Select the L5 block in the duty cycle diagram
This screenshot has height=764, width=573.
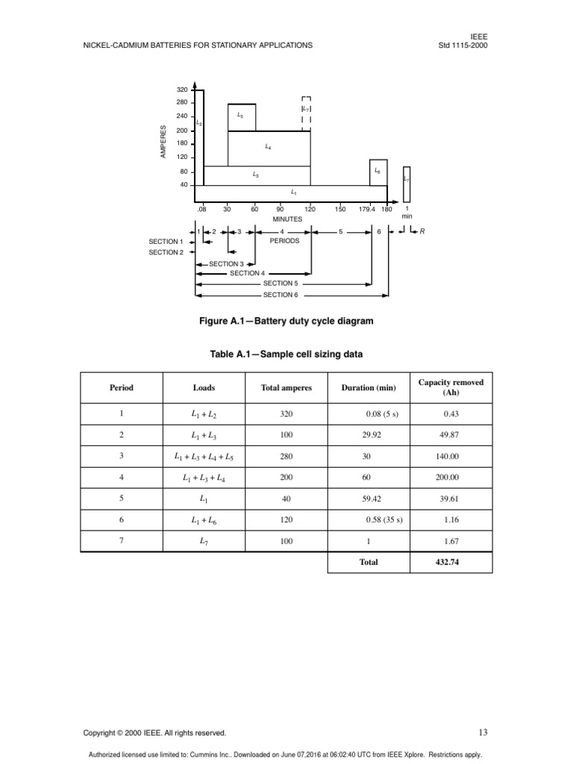(241, 117)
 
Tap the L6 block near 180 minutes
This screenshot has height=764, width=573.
(378, 172)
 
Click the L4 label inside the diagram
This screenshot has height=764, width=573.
(268, 147)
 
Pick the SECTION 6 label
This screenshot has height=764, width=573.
(279, 295)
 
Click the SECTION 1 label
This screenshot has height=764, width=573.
(165, 242)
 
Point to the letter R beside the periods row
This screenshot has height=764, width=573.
(422, 231)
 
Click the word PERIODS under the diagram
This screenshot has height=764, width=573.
(284, 241)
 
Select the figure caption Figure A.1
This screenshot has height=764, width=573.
(286, 321)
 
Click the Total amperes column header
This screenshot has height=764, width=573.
(286, 388)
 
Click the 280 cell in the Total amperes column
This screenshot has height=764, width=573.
(286, 455)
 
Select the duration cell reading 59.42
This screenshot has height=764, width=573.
(370, 498)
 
